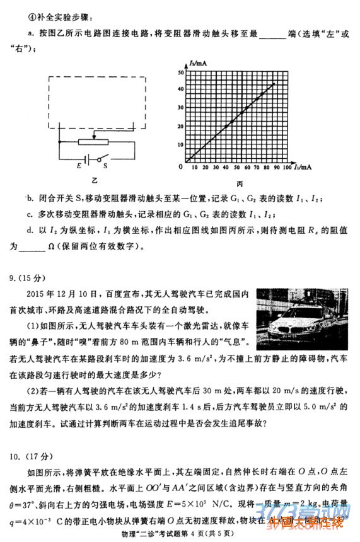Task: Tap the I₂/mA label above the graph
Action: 197,64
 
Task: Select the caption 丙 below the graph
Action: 240,183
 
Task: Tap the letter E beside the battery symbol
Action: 79,165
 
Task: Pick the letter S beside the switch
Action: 105,165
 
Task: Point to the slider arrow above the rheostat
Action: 94,134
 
